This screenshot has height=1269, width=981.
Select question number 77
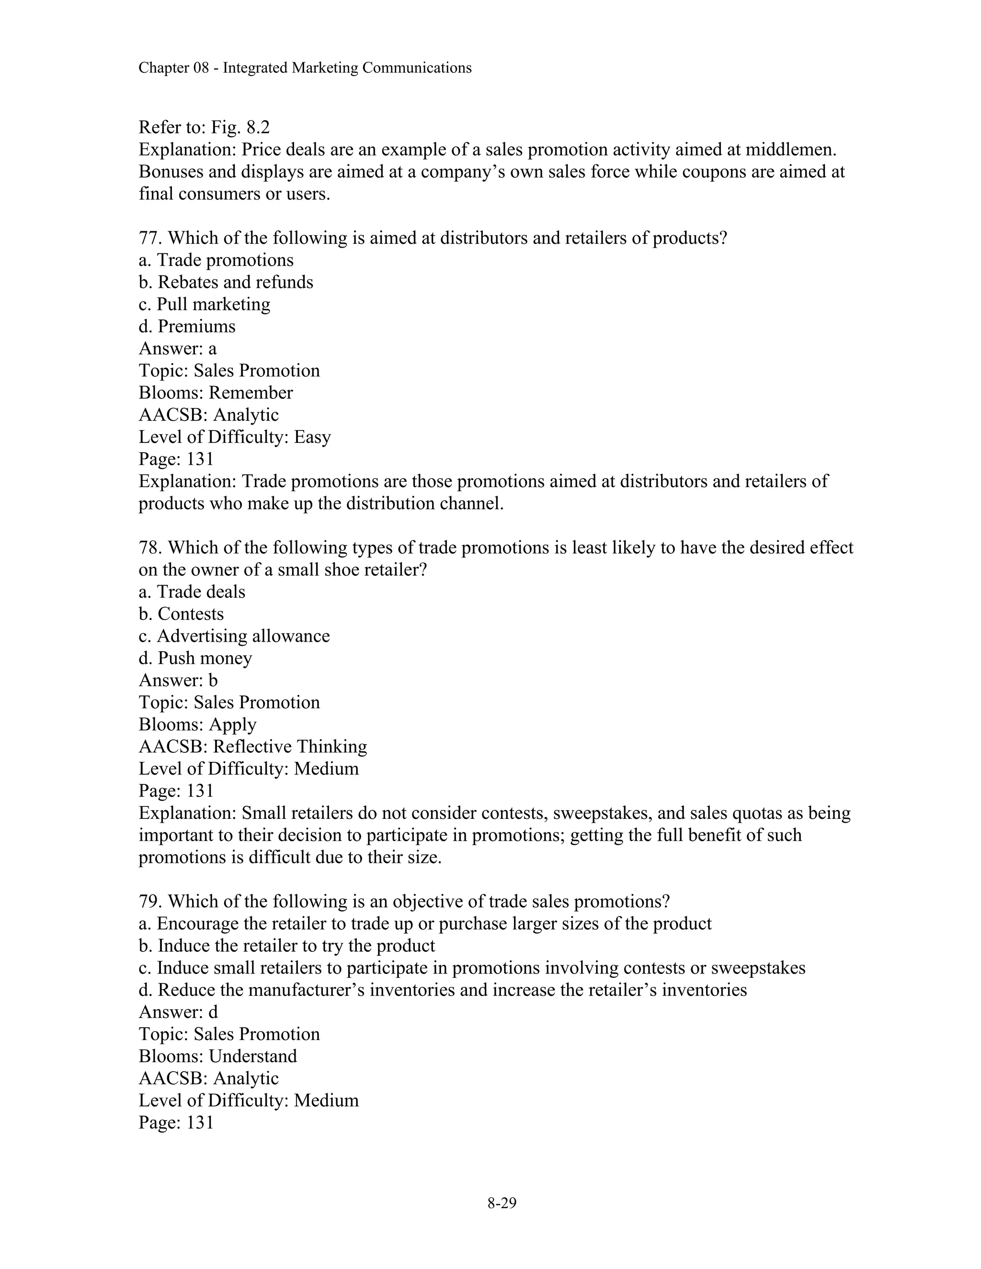[x=150, y=238]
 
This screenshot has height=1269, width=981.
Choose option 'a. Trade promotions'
[x=216, y=261]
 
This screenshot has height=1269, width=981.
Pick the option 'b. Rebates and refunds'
[x=226, y=283]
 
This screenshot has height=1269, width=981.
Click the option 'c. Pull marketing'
[x=205, y=305]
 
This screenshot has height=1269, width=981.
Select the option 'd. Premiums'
[x=187, y=327]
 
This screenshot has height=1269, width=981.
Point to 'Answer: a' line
[x=177, y=349]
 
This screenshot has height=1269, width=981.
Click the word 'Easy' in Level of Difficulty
[x=312, y=437]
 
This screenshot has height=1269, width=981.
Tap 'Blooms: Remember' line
[x=216, y=393]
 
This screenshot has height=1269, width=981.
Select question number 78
[x=150, y=548]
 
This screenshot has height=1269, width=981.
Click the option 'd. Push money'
[x=195, y=658]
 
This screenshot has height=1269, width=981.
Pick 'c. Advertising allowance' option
[x=234, y=636]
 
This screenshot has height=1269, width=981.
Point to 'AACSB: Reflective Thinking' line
[x=253, y=747]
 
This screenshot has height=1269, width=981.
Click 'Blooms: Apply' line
[x=198, y=725]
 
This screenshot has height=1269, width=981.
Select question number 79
[x=150, y=902]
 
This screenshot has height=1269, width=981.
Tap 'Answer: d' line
[x=178, y=1012]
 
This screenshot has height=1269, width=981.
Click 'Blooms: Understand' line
[x=218, y=1056]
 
